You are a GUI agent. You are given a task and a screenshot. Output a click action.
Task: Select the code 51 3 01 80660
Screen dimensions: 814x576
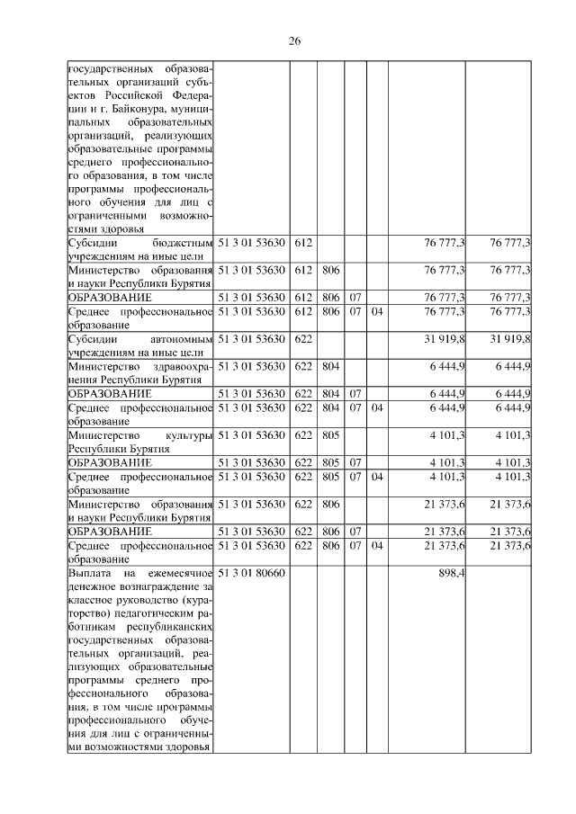tap(252, 573)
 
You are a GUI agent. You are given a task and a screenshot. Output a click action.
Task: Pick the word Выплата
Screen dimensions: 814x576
tap(91, 573)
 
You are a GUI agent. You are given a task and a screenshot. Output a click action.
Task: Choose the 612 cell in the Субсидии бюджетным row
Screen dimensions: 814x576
tap(303, 243)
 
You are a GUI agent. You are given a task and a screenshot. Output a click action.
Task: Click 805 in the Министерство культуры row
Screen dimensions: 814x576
tap(330, 435)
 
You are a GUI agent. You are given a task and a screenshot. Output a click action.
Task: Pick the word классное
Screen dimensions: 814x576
tap(93, 601)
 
